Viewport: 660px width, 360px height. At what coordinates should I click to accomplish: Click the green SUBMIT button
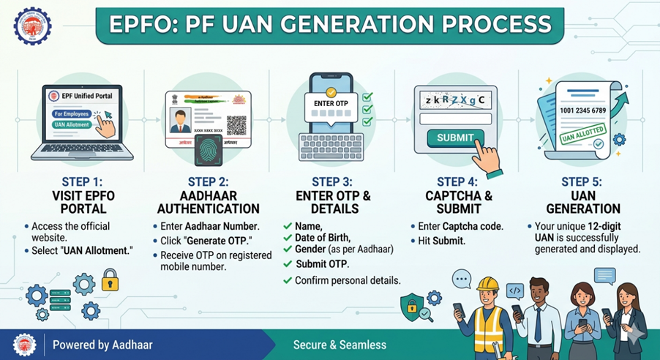[x=455, y=138]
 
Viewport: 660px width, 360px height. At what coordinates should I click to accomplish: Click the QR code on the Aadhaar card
[x=237, y=123]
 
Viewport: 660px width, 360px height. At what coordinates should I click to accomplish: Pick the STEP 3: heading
[x=332, y=181]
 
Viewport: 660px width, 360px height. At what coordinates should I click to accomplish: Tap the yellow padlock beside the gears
[x=110, y=280]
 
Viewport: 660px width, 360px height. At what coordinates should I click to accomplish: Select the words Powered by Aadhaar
[x=102, y=344]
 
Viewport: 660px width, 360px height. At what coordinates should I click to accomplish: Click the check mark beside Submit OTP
[x=287, y=263]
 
